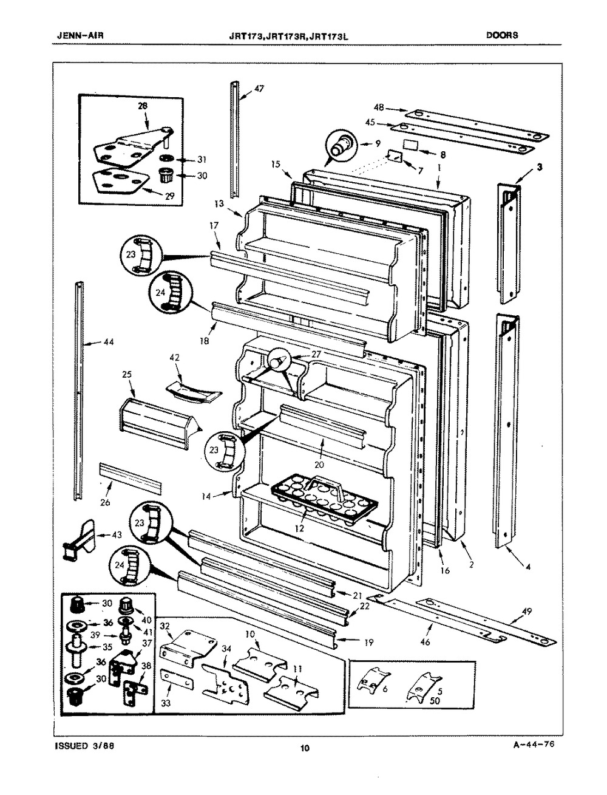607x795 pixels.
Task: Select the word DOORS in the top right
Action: [x=502, y=35]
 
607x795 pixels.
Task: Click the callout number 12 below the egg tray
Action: [x=298, y=528]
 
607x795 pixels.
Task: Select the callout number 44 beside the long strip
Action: [x=109, y=343]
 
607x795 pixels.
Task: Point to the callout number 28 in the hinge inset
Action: [x=143, y=106]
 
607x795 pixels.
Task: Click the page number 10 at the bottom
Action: [x=305, y=748]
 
